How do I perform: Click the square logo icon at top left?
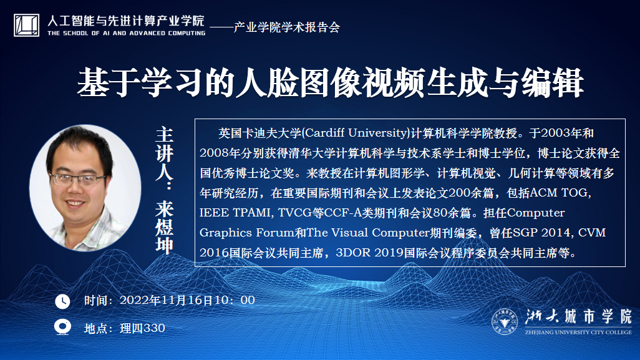(x=27, y=25)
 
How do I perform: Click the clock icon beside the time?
(x=62, y=301)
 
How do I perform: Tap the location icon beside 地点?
(x=62, y=328)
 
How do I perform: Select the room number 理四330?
(x=142, y=328)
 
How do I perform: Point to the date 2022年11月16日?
(x=167, y=300)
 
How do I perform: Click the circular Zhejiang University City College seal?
(x=505, y=321)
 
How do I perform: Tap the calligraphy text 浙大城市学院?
(x=578, y=317)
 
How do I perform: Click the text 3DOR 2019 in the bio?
(x=369, y=253)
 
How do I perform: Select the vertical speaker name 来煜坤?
(x=164, y=227)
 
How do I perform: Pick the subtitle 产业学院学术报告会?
(x=286, y=27)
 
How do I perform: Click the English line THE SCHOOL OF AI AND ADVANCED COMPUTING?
(x=127, y=33)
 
